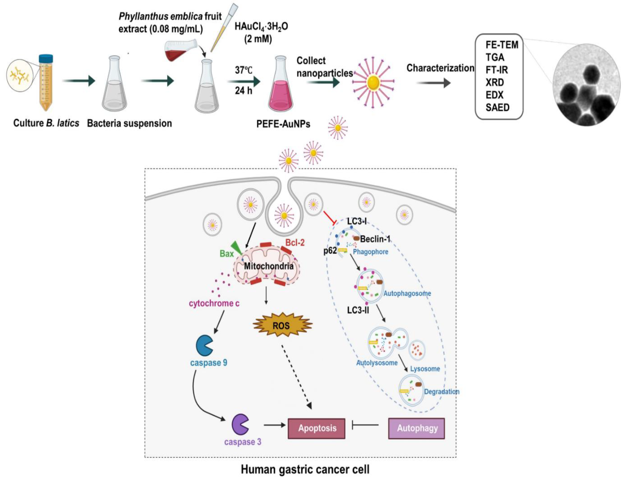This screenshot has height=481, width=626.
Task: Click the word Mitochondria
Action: [x=268, y=266]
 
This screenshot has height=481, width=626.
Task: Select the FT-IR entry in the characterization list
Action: [x=496, y=70]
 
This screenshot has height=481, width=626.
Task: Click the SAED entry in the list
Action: [x=497, y=108]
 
